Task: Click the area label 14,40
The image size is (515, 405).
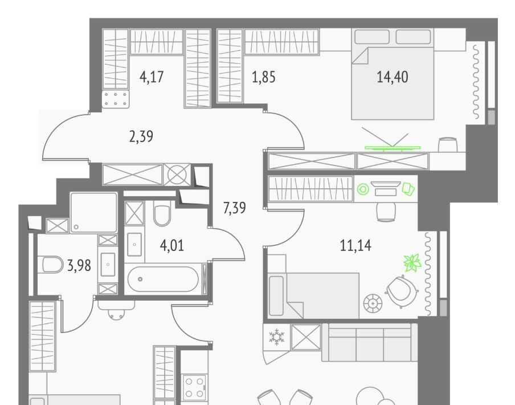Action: click(x=393, y=77)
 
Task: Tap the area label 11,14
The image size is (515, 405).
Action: click(x=355, y=245)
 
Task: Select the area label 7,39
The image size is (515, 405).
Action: click(x=235, y=208)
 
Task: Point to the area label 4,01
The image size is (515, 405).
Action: click(x=172, y=245)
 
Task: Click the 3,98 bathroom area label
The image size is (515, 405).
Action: click(x=79, y=266)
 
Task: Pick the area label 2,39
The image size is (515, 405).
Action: click(x=141, y=136)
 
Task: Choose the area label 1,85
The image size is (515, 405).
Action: click(x=264, y=77)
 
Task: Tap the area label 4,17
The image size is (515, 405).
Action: click(x=152, y=77)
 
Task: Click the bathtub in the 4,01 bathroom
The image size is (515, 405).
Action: click(x=163, y=279)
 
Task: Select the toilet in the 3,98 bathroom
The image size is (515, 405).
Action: click(x=52, y=265)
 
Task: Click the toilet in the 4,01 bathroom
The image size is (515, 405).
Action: click(x=162, y=215)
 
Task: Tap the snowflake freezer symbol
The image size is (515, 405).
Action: click(x=277, y=337)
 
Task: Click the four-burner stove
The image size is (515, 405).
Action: click(x=195, y=387)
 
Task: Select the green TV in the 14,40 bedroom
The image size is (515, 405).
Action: click(x=393, y=148)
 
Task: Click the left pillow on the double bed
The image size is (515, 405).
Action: click(x=372, y=37)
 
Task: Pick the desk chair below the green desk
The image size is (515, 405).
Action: click(x=386, y=212)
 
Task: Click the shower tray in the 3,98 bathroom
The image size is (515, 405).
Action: click(x=93, y=213)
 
